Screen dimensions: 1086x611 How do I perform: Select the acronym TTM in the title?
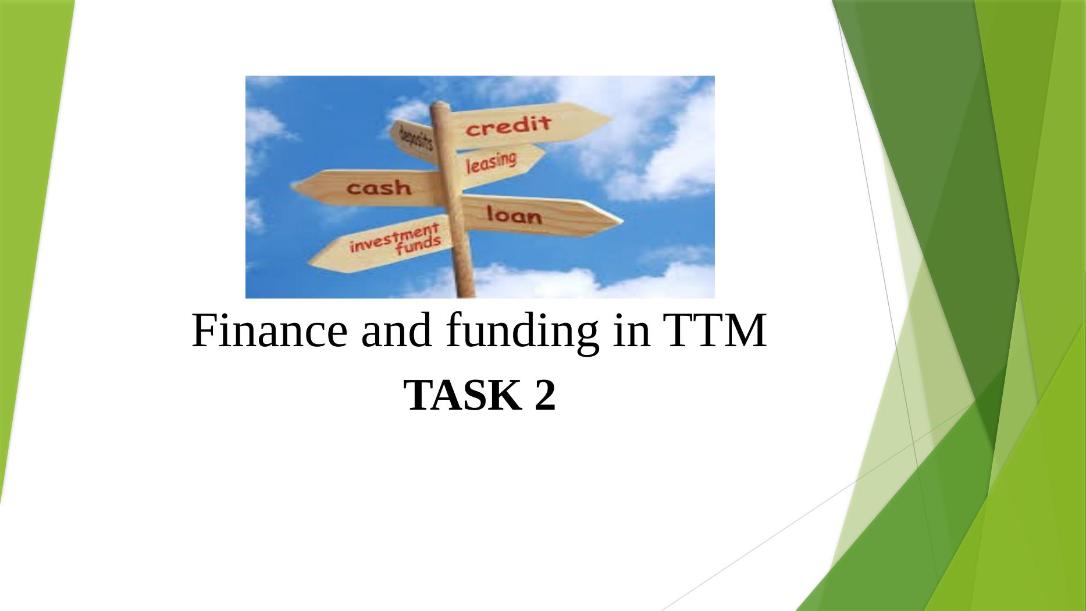coord(717,331)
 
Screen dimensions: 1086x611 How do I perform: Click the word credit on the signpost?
coord(508,125)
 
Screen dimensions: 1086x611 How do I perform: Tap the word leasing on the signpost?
coord(492,162)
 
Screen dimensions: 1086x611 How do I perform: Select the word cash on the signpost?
coord(379,187)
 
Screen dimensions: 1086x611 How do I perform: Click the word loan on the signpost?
coord(514,215)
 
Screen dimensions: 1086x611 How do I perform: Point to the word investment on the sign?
coord(394,237)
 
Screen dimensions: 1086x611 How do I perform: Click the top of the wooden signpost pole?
coord(440,105)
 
